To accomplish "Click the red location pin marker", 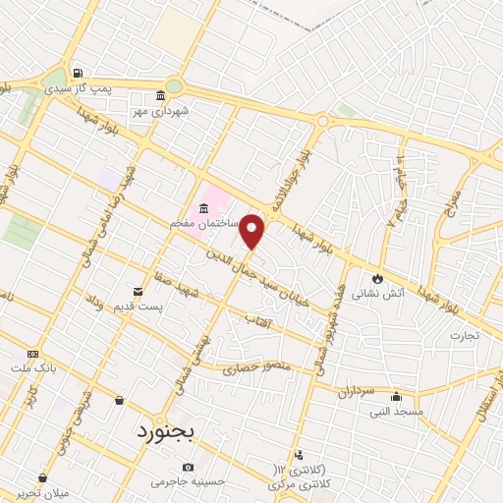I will [x=252, y=231].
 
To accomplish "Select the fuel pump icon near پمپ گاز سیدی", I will [x=78, y=72].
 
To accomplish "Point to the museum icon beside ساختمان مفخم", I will [x=203, y=208].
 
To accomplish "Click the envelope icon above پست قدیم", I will [x=140, y=291].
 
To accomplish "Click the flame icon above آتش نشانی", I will [x=376, y=279].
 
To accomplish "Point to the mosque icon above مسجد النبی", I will [x=396, y=397].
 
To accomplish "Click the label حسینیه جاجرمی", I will [x=188, y=482].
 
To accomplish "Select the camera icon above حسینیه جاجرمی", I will [x=188, y=467].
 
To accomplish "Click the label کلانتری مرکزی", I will [x=298, y=483].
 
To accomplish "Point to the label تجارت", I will [x=464, y=334].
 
